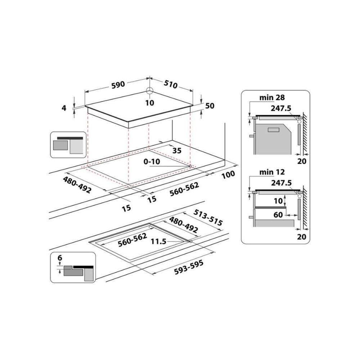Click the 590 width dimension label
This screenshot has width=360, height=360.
click(118, 85)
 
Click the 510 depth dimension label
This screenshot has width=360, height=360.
click(171, 84)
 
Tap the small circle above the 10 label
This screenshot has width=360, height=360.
click(150, 91)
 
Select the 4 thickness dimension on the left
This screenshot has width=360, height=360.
click(64, 108)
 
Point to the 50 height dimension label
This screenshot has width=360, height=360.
click(210, 106)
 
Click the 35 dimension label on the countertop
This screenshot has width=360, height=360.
click(177, 150)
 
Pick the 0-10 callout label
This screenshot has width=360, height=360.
click(152, 162)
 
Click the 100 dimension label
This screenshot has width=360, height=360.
click(229, 175)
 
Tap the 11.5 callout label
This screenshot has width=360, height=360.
click(158, 242)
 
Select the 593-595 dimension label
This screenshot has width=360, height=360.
click(189, 267)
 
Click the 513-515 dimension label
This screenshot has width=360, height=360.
click(208, 217)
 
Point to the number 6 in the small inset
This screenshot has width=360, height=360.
click(60, 258)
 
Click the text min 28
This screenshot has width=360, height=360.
click(272, 98)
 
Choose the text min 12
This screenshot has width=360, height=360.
click(272, 172)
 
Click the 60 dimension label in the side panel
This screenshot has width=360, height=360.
click(278, 215)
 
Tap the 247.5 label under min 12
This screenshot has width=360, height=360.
click(282, 183)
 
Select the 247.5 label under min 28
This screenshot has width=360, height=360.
click(281, 108)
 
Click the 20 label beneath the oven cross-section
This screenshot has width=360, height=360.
click(302, 161)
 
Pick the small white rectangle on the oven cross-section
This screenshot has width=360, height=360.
click(274, 130)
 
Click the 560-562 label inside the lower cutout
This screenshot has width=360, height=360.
click(132, 240)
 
